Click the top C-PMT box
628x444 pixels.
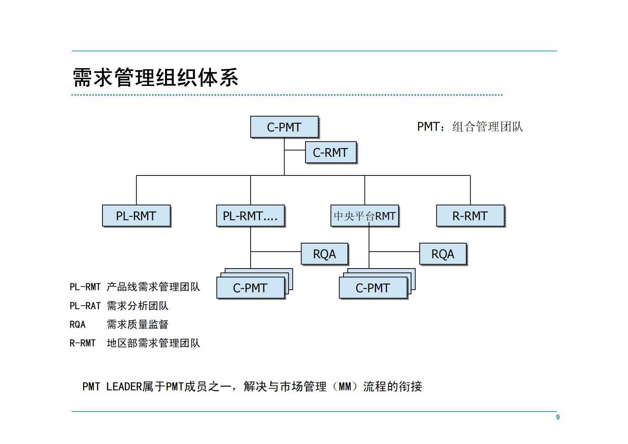tap(284, 127)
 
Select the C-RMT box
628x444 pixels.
tap(330, 152)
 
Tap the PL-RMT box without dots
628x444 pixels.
tap(136, 215)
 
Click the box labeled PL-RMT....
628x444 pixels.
tap(250, 215)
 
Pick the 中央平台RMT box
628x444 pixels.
tap(364, 215)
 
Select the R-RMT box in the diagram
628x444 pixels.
tap(470, 215)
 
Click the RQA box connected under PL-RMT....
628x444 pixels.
tap(324, 253)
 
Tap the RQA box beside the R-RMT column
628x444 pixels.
tap(443, 253)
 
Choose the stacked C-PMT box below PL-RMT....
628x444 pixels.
tap(250, 288)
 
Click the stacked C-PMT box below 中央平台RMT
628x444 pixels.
tap(373, 288)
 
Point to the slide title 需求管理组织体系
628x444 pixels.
tap(156, 77)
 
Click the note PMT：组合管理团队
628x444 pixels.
tap(470, 127)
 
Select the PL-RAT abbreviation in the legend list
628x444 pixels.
tap(85, 306)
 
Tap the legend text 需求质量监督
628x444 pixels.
tap(137, 324)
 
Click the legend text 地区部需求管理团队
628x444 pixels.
tap(153, 343)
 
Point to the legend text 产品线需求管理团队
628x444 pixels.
tap(153, 287)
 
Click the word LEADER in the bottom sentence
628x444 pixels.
tap(124, 387)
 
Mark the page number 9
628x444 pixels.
tap(558, 417)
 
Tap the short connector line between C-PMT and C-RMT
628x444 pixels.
tap(294, 150)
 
